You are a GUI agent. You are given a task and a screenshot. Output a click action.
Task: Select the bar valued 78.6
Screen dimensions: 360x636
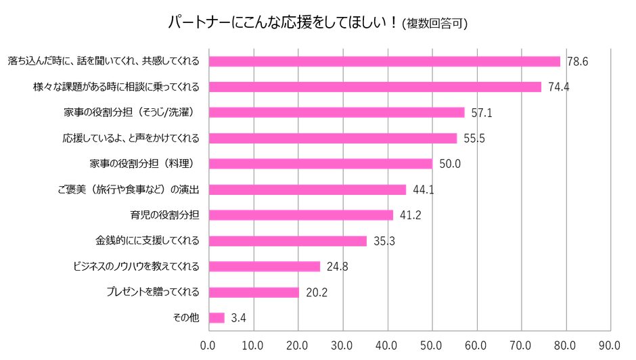point(385,62)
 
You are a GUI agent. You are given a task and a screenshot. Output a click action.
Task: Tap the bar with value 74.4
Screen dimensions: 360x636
point(376,87)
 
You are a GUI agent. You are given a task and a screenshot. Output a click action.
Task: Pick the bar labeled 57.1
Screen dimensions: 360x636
point(337,112)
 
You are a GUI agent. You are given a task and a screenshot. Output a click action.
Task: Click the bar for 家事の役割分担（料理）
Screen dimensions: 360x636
point(321,164)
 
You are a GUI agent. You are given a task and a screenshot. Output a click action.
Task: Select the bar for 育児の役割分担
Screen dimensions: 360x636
point(301,215)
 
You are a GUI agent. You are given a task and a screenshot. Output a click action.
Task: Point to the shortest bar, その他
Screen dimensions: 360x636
point(217,317)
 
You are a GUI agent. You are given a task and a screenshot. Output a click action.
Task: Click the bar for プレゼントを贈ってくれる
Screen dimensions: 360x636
point(254,292)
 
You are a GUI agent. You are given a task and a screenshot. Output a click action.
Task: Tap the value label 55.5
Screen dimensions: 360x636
point(474,139)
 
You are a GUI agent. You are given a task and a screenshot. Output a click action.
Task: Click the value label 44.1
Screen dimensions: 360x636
point(423,189)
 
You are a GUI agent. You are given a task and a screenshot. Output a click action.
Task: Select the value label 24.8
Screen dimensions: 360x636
point(337,267)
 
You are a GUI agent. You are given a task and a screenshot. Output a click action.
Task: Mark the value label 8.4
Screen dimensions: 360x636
point(239,317)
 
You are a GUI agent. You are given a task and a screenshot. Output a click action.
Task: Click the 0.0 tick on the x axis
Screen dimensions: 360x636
point(208,344)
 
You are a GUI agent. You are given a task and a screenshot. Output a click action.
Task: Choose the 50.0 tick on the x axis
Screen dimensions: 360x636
point(432,344)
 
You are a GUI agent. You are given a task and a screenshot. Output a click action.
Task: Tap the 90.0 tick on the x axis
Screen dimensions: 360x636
point(610,344)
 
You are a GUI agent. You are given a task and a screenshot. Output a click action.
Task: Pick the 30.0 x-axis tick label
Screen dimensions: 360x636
point(342,344)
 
